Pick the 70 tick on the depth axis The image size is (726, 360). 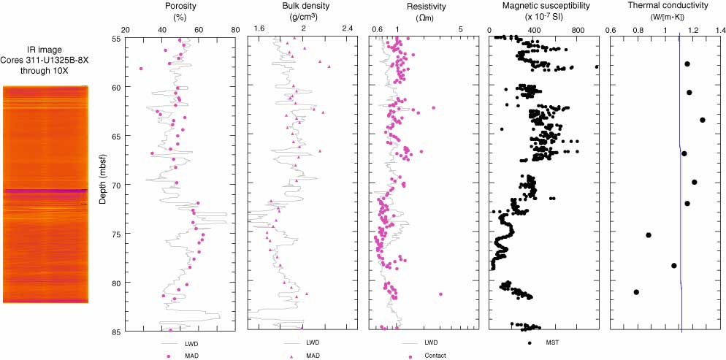[116, 184]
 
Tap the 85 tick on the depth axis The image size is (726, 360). [116, 331]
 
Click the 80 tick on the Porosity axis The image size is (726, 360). [234, 28]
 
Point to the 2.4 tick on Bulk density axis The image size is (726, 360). [346, 28]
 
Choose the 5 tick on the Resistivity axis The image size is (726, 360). [461, 28]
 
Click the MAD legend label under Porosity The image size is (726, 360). [191, 356]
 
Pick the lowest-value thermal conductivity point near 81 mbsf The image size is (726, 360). [636, 292]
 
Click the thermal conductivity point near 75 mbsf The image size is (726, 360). [649, 234]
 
